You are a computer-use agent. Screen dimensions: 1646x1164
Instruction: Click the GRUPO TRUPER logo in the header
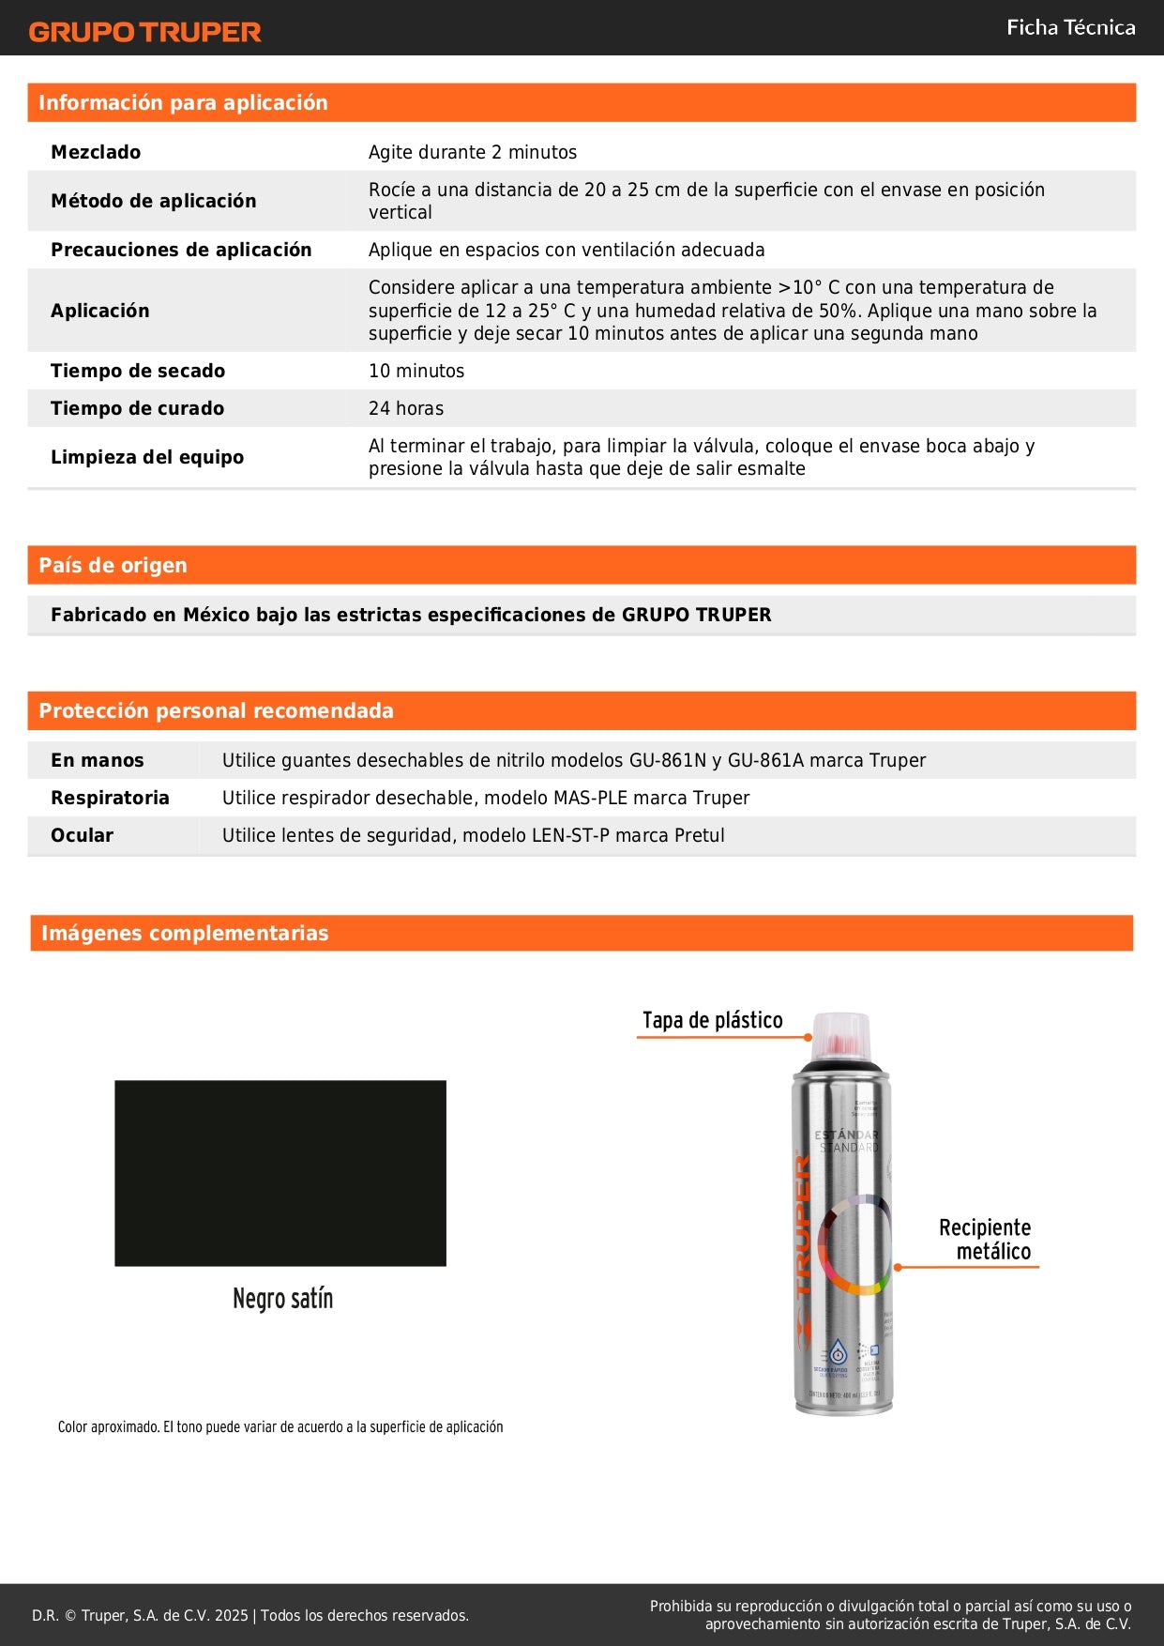point(144,32)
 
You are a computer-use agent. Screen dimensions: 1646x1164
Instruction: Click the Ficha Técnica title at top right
point(1070,28)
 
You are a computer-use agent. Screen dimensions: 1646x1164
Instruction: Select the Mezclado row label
point(96,152)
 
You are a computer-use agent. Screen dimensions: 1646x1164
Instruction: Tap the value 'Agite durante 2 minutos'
point(472,152)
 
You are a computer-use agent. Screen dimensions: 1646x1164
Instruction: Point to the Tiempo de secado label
point(138,371)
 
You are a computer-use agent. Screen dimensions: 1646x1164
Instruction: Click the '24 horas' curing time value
point(406,408)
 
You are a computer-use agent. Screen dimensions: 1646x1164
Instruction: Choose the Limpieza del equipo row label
point(147,457)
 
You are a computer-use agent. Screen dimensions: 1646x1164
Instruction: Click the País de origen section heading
point(113,565)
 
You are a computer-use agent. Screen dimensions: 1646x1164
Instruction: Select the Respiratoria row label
point(110,798)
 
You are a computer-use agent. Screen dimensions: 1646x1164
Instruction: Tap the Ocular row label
point(82,835)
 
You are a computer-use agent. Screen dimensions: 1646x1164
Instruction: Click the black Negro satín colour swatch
point(280,1173)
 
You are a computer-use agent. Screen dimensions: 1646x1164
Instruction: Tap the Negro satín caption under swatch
point(282,1299)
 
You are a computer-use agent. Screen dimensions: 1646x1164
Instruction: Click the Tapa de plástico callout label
point(712,1020)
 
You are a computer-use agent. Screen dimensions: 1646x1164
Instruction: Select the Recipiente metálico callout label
point(985,1239)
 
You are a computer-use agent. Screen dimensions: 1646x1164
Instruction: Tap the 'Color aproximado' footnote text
point(280,1426)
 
